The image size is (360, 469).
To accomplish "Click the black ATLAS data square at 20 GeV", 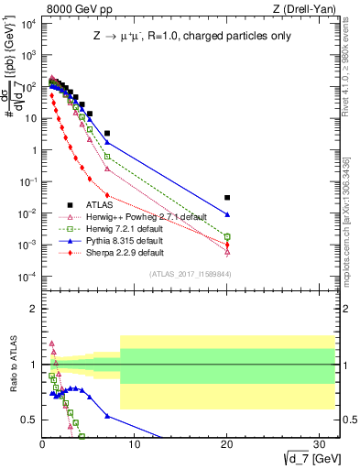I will coord(227,197).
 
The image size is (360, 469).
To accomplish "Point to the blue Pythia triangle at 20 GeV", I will coord(227,214).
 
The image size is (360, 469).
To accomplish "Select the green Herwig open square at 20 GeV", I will coord(227,236).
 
